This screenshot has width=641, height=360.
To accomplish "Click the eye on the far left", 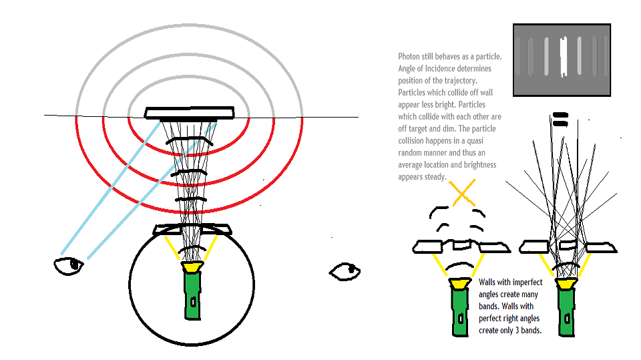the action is point(69,266).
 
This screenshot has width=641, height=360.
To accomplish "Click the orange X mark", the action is point(462,192).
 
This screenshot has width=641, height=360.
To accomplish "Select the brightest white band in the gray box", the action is point(564,57).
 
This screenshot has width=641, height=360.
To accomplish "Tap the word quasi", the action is point(475,141).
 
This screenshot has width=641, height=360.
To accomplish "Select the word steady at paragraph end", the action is point(435,177).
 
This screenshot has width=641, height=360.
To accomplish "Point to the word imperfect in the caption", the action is point(527,283).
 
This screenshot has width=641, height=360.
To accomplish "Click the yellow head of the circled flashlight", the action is point(192,266).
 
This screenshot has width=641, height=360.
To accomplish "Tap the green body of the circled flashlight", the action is point(192,295).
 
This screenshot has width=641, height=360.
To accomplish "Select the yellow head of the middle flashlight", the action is point(460,283).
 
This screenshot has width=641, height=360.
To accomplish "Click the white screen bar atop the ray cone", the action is point(189,113).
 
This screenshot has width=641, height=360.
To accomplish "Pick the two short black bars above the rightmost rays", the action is point(560,120).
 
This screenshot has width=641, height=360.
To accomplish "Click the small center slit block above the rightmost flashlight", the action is point(568,246).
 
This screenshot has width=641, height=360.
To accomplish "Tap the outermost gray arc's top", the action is point(189,25).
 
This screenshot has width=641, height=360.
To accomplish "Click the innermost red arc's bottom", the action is point(188,154).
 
